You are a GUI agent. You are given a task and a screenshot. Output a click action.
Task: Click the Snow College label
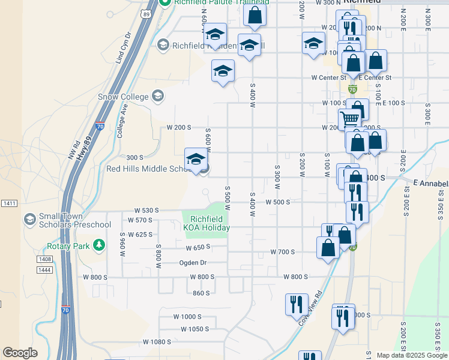pos(123,97)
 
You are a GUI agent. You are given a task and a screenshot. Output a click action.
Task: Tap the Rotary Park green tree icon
pos(99,245)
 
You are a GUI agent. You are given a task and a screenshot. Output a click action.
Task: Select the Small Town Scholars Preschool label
pos(74,220)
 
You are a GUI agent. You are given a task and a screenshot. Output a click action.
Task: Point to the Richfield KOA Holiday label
pos(206,223)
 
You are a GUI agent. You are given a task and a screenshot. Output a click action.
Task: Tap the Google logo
pos(20,353)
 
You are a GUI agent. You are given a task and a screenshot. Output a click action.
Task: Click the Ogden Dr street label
pos(192,262)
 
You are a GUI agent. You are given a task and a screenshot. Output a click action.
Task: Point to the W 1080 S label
pos(157,341)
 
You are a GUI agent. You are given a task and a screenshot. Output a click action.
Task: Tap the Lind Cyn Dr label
pos(123,49)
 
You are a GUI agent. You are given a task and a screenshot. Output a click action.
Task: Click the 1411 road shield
pos(9,203)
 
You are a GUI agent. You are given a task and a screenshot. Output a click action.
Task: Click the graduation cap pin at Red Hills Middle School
pos(195,160)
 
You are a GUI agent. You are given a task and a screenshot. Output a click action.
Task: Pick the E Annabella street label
pos(431,182)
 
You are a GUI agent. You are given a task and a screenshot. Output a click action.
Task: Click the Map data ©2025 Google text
pos(411,355)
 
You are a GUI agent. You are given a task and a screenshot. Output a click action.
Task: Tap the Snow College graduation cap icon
pos(157,95)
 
